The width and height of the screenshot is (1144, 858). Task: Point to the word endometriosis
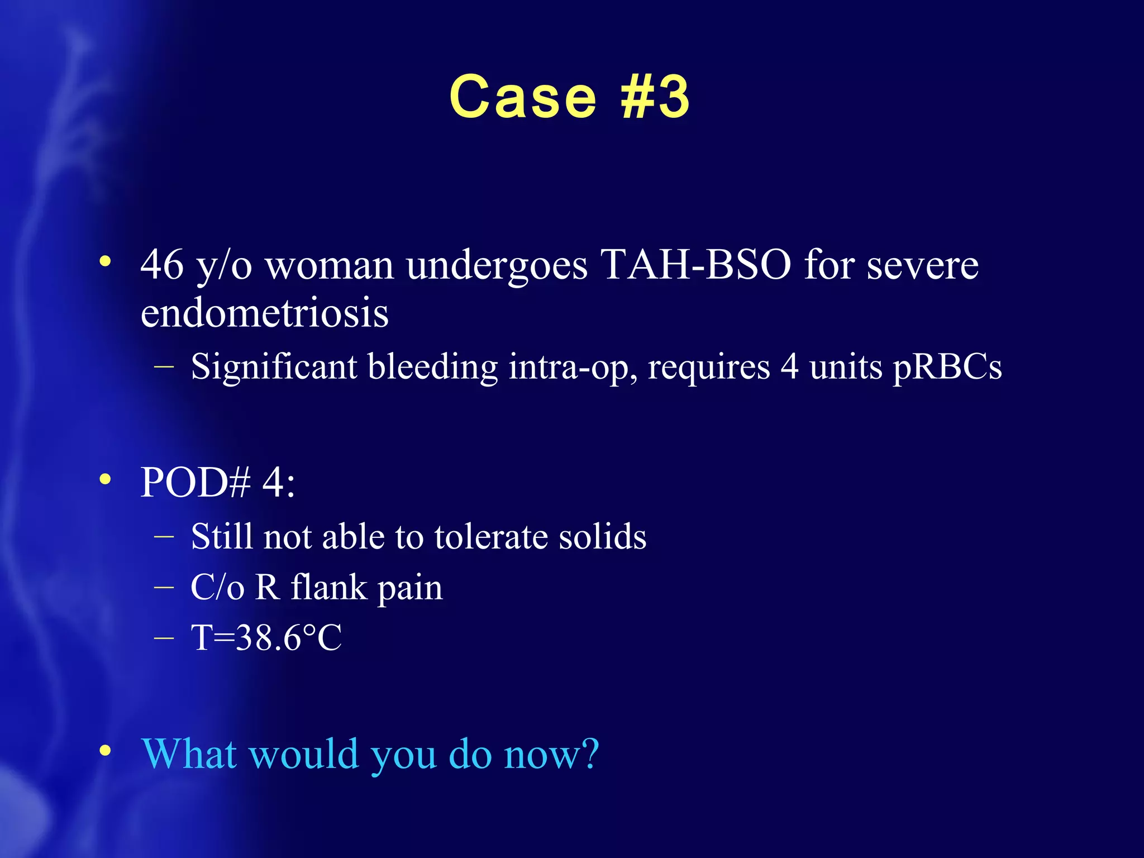(264, 312)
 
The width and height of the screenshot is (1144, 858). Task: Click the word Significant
(274, 367)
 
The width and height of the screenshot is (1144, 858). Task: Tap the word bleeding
(432, 367)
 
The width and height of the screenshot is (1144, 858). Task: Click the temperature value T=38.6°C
(266, 637)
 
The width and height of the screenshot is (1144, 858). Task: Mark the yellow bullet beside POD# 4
(105, 480)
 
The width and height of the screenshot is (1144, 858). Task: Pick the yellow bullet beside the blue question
(105, 751)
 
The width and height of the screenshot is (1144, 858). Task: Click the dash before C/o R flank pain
(164, 588)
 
